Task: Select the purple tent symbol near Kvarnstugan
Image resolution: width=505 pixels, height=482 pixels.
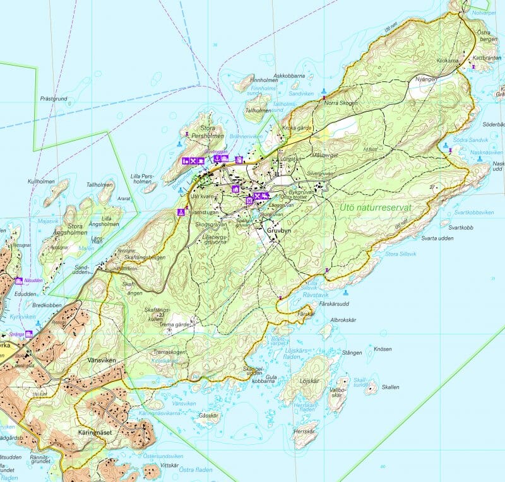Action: (181, 212)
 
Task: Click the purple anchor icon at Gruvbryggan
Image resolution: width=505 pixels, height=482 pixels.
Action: (217, 159)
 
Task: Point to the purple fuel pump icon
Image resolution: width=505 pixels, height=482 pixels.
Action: (239, 160)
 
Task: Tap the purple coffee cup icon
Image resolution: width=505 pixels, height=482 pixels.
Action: (201, 161)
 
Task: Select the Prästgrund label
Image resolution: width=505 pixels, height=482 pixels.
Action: (53, 98)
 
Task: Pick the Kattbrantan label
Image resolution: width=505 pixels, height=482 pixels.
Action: (486, 58)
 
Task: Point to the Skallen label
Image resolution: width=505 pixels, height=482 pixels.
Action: (390, 387)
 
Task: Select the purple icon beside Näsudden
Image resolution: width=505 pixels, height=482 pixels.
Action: (19, 281)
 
